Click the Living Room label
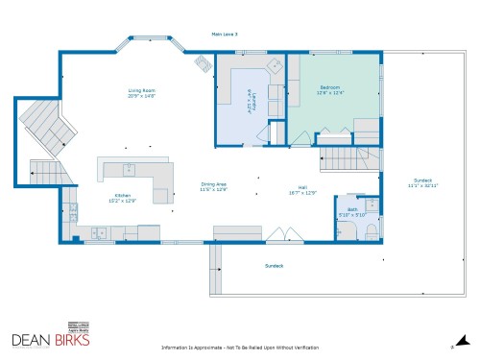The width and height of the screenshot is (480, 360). click(x=141, y=91)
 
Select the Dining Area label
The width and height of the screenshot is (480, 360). click(x=213, y=184)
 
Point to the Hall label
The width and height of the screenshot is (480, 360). click(x=302, y=189)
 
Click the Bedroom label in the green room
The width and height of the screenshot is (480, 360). click(x=330, y=88)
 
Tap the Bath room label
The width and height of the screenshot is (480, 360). click(x=352, y=209)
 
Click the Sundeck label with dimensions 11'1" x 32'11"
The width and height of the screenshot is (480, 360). click(x=422, y=181)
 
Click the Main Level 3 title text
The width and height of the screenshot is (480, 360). click(x=225, y=33)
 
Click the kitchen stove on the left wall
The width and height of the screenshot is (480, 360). click(x=71, y=211)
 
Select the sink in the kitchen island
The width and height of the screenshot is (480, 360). click(x=128, y=169)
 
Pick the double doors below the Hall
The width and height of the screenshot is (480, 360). click(x=278, y=235)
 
